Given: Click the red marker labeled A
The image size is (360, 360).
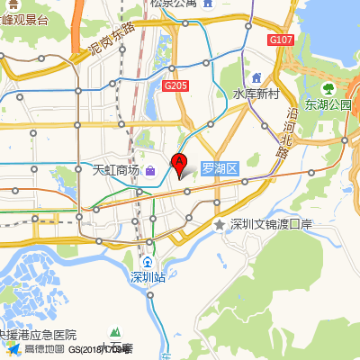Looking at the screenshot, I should tap(179, 165).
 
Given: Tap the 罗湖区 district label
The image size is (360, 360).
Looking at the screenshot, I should tap(219, 168).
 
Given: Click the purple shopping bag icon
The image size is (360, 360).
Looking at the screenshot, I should tap(149, 170).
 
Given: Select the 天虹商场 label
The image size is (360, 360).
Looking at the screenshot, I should tap(117, 170).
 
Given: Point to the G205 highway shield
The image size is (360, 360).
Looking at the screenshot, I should tap(175, 85).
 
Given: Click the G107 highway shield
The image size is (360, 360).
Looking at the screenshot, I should tap(281, 40).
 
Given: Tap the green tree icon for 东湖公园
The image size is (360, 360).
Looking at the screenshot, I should tap(328, 89).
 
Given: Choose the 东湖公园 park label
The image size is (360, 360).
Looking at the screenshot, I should tap(328, 104).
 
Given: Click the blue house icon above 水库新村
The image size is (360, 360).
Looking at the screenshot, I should tap(256, 77).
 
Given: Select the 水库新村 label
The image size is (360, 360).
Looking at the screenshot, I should tap(256, 94).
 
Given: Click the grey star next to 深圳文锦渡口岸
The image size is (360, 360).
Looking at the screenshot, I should tap(219, 224).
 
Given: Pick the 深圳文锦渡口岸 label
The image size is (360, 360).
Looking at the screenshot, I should tap(270, 224).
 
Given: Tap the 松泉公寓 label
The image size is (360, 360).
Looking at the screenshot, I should tap(173, 4).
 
